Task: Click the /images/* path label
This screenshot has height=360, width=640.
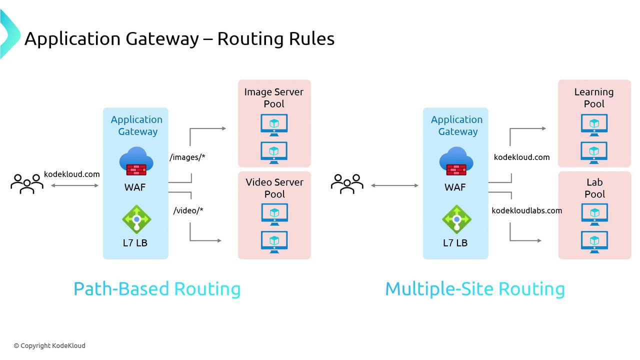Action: click(x=187, y=157)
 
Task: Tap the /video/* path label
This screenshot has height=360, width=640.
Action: click(x=188, y=210)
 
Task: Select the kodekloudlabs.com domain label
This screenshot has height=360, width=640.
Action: click(x=526, y=210)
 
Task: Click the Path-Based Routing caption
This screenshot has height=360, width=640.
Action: click(x=157, y=289)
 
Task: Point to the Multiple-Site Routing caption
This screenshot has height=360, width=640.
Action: click(x=474, y=289)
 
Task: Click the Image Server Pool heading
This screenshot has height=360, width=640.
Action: click(x=274, y=97)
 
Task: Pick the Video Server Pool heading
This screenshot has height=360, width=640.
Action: click(x=274, y=188)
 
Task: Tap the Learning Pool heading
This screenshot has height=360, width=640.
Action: click(x=594, y=97)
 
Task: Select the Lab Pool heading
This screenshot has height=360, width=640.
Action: click(x=594, y=188)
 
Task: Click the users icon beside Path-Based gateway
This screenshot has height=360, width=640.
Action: click(x=27, y=183)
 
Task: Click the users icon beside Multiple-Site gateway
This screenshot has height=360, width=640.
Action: click(x=347, y=183)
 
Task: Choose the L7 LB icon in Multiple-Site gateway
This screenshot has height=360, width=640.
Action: click(x=456, y=219)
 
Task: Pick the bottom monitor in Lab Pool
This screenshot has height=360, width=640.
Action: click(x=594, y=242)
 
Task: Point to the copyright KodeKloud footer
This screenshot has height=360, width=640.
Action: click(x=49, y=345)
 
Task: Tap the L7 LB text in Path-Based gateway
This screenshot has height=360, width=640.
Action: click(x=135, y=243)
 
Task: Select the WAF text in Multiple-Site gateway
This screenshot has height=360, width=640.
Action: click(x=455, y=187)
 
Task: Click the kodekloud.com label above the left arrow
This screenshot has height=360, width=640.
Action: click(x=72, y=174)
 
